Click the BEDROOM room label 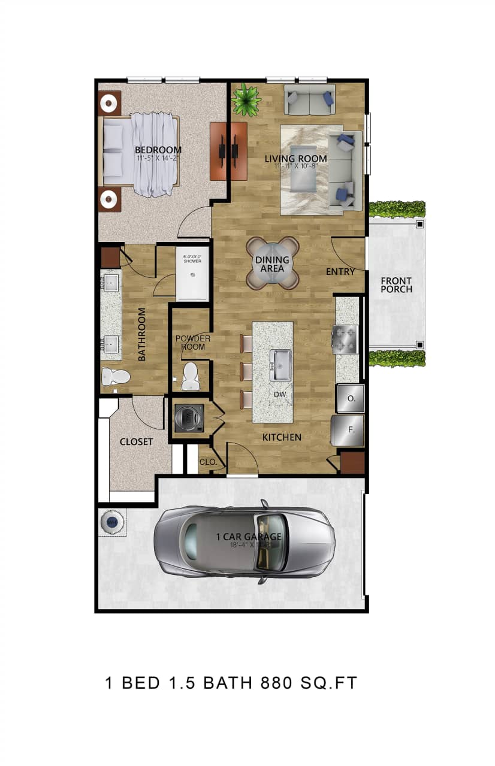(x=158, y=150)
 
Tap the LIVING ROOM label (x=296, y=159)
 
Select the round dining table (x=273, y=264)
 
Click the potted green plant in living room (x=246, y=99)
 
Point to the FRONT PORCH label (x=397, y=285)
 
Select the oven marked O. (x=351, y=398)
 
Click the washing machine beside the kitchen (x=189, y=418)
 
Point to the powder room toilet (x=191, y=376)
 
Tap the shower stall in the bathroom (x=192, y=275)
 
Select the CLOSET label (x=137, y=442)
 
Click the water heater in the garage (x=112, y=523)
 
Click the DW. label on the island (x=279, y=395)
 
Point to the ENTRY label (x=340, y=272)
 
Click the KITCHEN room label (x=282, y=437)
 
